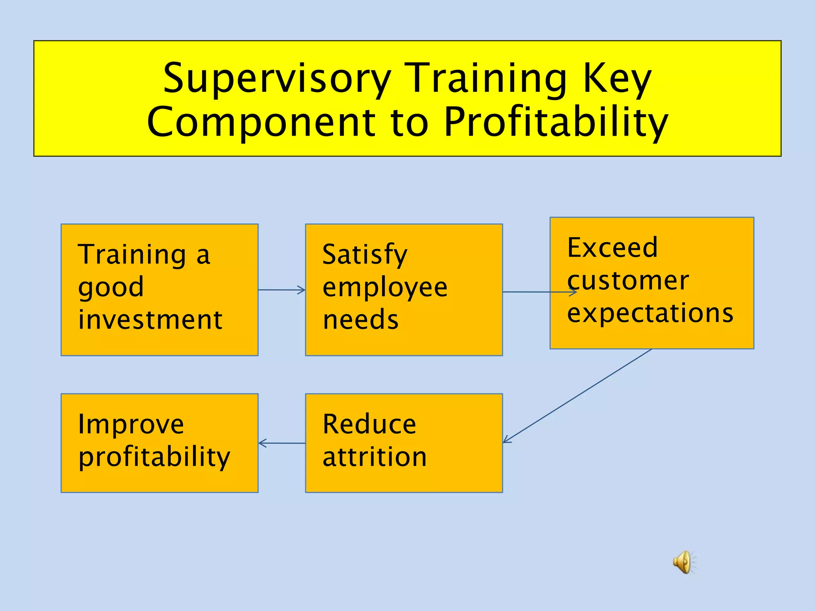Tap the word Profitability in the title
click(556, 122)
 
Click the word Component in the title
click(261, 122)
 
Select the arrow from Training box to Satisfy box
click(282, 290)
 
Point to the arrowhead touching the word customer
click(573, 292)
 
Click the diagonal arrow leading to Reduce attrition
click(577, 396)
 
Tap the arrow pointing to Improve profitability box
click(281, 443)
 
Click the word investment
click(150, 319)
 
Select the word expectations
click(650, 313)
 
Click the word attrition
click(374, 457)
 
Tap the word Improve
click(131, 424)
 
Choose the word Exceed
click(612, 247)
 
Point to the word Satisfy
click(365, 255)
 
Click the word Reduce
click(369, 424)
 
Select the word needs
click(360, 320)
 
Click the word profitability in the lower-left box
click(154, 457)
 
